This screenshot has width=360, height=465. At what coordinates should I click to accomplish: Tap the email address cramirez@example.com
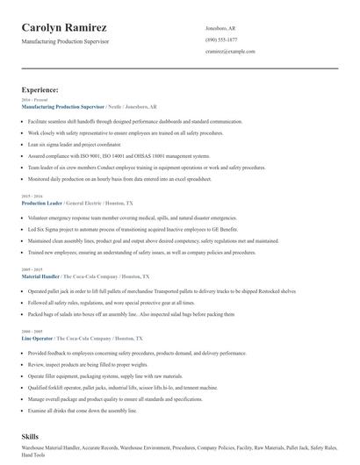(x=230, y=52)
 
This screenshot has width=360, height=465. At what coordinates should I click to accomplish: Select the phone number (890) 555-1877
(x=221, y=39)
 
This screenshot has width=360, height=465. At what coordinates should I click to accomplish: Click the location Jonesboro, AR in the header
(x=220, y=28)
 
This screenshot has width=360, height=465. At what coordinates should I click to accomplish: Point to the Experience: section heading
(x=40, y=89)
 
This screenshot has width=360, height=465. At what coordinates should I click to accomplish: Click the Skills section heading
(x=30, y=436)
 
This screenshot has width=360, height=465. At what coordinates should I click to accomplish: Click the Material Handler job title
(x=40, y=276)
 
